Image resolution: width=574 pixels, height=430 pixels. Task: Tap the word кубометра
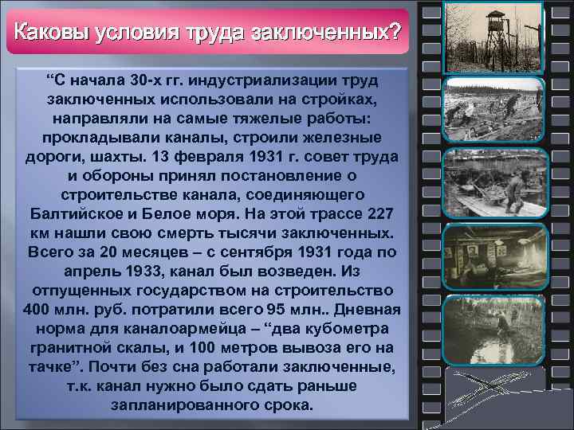click(x=348, y=328)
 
